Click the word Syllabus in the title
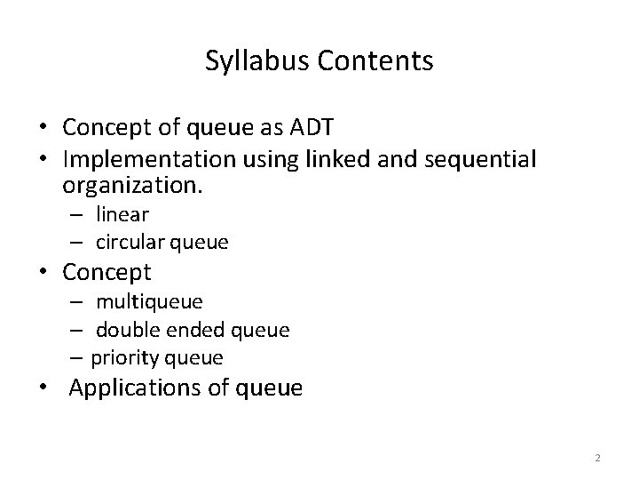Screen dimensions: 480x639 click(x=248, y=61)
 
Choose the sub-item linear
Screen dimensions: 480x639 click(x=123, y=214)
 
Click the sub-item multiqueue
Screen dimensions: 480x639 click(x=149, y=302)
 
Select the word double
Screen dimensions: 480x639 click(x=124, y=330)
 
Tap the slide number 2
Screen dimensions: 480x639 click(x=597, y=458)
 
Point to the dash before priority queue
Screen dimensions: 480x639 click(x=78, y=357)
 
